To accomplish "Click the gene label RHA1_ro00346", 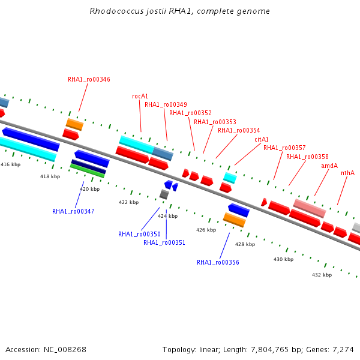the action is (89, 79).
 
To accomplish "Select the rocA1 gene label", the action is (140, 96).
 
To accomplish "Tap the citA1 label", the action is (262, 139).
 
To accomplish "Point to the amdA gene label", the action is (329, 166).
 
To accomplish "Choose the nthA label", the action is (347, 173).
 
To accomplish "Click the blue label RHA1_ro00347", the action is (73, 211).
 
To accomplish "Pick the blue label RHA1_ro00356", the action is (218, 262).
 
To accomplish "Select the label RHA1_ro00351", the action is (164, 242).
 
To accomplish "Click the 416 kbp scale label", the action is (11, 164).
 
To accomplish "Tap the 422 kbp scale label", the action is (128, 203).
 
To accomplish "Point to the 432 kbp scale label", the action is (322, 275).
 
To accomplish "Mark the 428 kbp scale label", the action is (245, 245).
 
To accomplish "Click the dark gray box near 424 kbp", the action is (164, 194).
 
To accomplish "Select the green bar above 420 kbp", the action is (87, 170).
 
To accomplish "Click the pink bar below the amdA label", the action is (310, 208).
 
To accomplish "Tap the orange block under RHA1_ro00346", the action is (74, 124).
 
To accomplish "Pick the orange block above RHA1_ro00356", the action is (235, 220).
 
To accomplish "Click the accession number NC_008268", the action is (65, 350).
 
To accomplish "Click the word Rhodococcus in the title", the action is (116, 11).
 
